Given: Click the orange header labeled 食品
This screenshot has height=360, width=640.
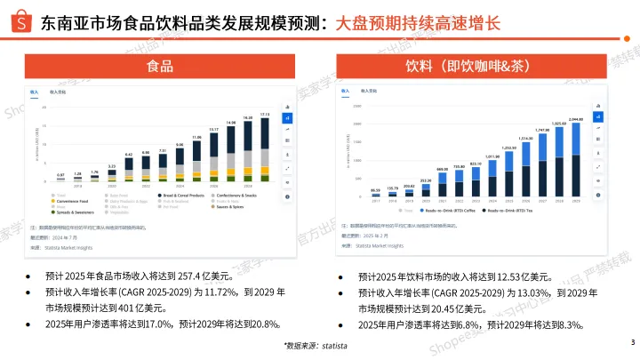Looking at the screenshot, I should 160,67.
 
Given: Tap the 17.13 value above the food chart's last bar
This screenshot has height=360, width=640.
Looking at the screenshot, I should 264,115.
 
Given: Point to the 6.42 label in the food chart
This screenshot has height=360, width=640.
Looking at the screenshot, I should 128,155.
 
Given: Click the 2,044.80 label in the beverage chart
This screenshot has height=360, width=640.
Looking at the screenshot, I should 575,119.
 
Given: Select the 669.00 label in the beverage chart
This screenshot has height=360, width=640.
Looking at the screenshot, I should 442,168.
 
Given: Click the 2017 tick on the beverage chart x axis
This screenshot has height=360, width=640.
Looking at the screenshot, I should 376,202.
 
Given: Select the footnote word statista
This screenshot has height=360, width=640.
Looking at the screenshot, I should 334,345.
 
